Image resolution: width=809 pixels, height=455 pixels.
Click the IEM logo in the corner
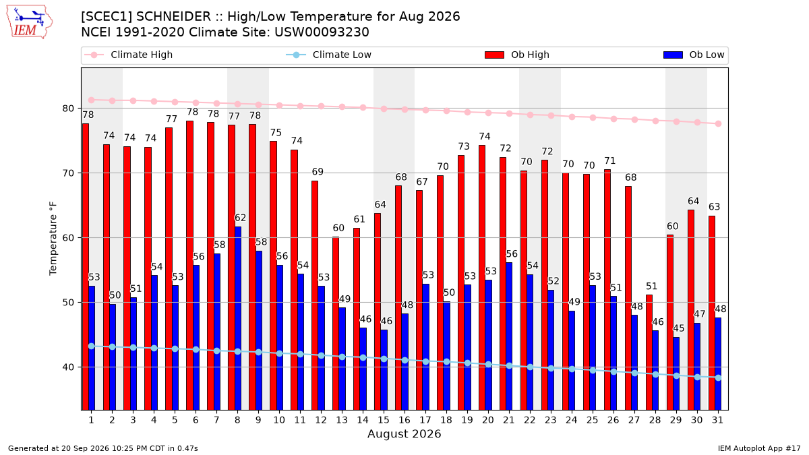[30, 22]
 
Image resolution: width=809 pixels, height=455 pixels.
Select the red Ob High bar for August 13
[336, 323]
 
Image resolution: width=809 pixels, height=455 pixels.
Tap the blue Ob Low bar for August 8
[237, 318]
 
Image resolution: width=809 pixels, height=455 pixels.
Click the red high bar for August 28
[649, 353]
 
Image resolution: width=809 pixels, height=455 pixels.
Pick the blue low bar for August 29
[676, 373]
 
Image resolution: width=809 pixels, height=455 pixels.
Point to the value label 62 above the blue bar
[240, 218]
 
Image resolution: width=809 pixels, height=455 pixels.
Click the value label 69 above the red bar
[318, 171]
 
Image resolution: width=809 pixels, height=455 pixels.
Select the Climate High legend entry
[128, 55]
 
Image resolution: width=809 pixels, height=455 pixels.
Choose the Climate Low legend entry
[328, 55]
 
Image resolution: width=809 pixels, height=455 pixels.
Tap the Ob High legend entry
[517, 55]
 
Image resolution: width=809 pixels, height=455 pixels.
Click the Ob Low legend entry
[694, 55]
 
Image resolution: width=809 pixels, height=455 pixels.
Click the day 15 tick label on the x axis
[384, 420]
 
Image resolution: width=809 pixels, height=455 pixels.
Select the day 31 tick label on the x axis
[717, 420]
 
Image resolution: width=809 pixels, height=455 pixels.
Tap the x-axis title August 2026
[404, 433]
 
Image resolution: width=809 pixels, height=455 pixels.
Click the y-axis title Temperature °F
[53, 239]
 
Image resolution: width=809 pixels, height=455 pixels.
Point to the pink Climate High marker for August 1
[92, 100]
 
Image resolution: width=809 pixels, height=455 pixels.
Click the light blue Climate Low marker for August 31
[719, 377]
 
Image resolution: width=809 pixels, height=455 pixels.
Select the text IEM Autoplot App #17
[759, 448]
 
